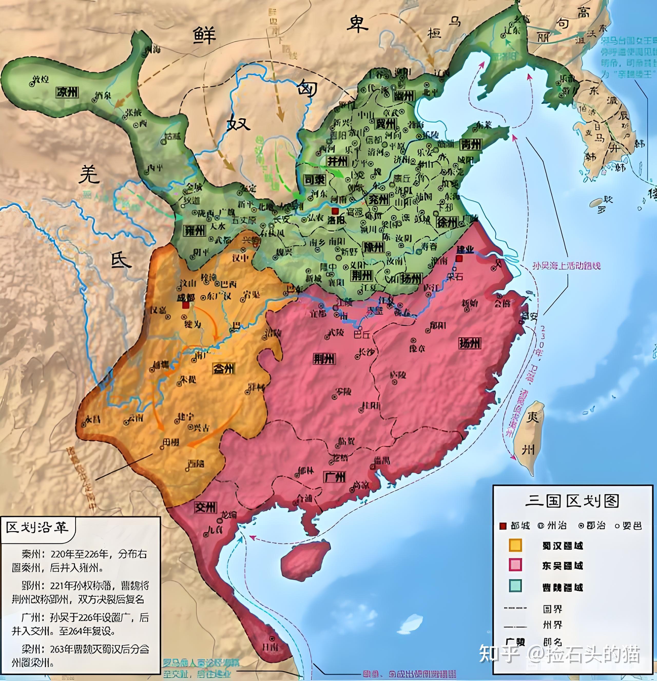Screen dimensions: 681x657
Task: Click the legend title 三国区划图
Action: [572, 501]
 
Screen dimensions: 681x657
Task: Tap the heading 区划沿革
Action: [36, 527]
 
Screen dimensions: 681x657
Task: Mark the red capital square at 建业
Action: [459, 258]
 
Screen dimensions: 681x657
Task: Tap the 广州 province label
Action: [335, 477]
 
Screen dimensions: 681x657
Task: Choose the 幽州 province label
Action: [404, 96]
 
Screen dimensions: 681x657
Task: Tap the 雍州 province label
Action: [195, 230]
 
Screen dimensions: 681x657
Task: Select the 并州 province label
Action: [337, 161]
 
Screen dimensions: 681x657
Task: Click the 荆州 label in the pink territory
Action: [324, 358]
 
